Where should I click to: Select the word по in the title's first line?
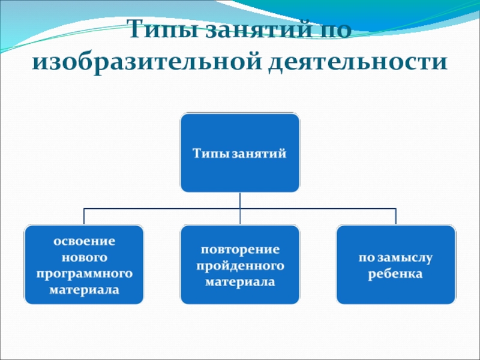pos(331,30)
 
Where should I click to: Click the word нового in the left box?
pos(85,257)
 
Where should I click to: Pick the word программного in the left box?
pos(85,274)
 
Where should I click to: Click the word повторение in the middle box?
pos(240,248)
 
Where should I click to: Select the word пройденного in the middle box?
pos(240,265)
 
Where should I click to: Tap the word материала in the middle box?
pos(240,281)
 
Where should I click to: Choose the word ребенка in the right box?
pos(396,274)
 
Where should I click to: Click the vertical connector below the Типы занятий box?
pos(239,200)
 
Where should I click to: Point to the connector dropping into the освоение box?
pos(84,217)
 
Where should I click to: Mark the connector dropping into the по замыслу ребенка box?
pos(396,217)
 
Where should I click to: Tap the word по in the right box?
pos(366,257)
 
